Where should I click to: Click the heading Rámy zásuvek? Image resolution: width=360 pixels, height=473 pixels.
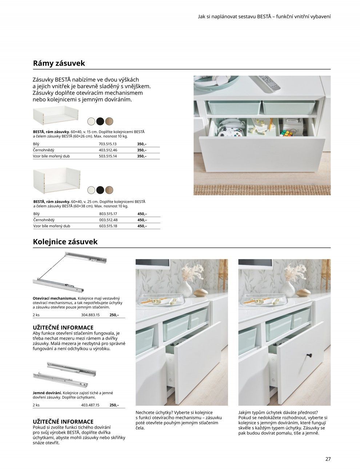59,63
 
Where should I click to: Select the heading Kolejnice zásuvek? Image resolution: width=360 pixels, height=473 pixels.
65,242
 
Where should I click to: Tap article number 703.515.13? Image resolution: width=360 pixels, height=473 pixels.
108,144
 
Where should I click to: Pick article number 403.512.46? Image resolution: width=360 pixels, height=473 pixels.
108,150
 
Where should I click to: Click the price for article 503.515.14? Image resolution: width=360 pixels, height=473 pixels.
142,156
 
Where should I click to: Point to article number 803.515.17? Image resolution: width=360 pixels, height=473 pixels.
108,214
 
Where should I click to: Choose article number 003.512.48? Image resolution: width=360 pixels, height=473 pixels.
108,220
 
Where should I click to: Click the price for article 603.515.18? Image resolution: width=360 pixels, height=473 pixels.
142,226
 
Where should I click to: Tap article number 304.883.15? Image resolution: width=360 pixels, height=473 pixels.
90,315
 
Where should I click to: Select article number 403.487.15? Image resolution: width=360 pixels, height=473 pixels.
90,405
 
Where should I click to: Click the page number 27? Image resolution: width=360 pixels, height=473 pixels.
328,459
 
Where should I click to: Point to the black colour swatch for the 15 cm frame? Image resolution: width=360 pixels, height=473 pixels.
100,121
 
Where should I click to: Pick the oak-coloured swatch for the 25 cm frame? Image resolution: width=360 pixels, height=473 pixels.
109,189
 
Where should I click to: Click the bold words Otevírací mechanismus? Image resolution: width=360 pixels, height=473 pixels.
55,298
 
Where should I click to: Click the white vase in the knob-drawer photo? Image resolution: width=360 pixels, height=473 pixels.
288,288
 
